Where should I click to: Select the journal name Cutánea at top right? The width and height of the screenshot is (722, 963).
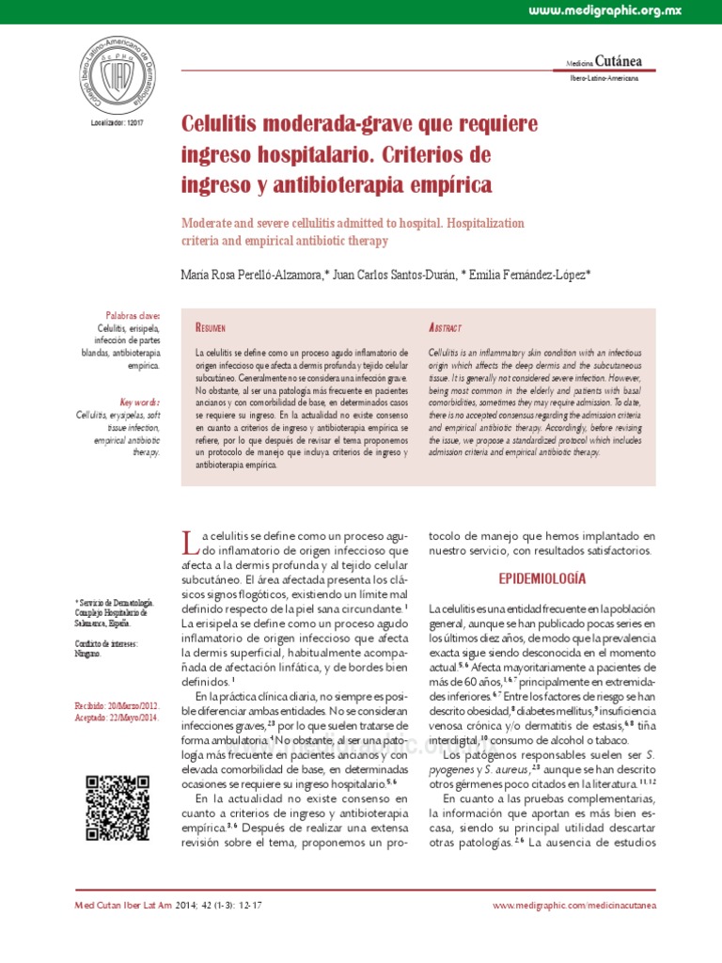click(620, 62)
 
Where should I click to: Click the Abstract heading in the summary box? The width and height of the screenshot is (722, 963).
click(445, 327)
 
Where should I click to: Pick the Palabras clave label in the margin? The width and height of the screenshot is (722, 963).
click(133, 316)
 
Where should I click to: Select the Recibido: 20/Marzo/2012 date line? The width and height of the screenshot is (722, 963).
click(117, 704)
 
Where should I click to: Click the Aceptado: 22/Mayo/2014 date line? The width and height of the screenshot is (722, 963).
click(116, 717)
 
